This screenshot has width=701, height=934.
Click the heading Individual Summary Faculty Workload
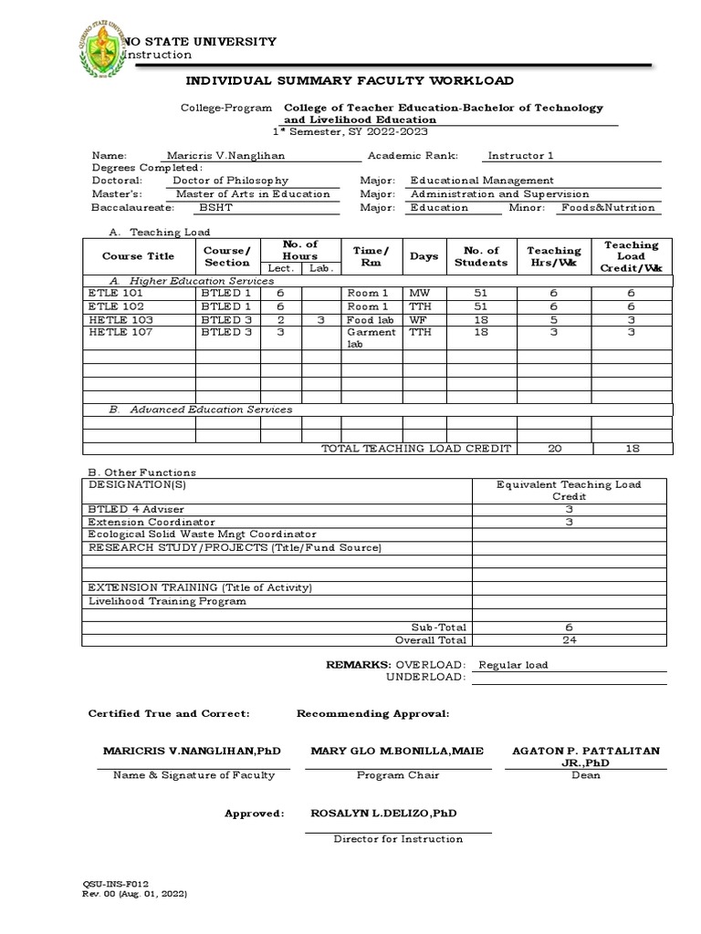350,81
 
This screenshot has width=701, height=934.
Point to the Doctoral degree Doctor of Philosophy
230,181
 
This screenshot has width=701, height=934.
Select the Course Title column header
138,256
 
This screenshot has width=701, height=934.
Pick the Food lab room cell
370,320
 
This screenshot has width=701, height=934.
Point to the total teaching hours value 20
554,449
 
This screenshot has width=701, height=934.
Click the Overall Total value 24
570,639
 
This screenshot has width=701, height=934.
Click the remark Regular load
513,665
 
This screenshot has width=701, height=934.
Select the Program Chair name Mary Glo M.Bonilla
397,751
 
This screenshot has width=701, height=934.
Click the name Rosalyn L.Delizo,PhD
384,813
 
